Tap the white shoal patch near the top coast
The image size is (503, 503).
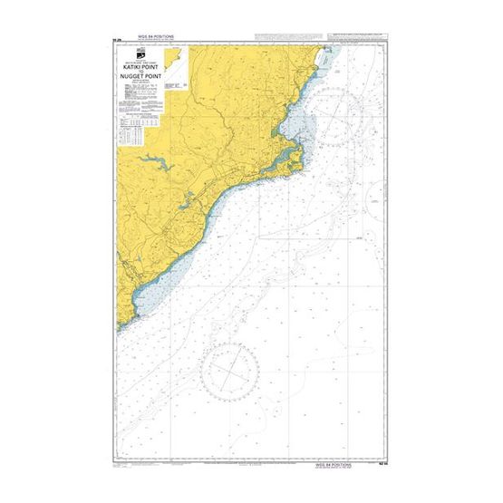point(326,63)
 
